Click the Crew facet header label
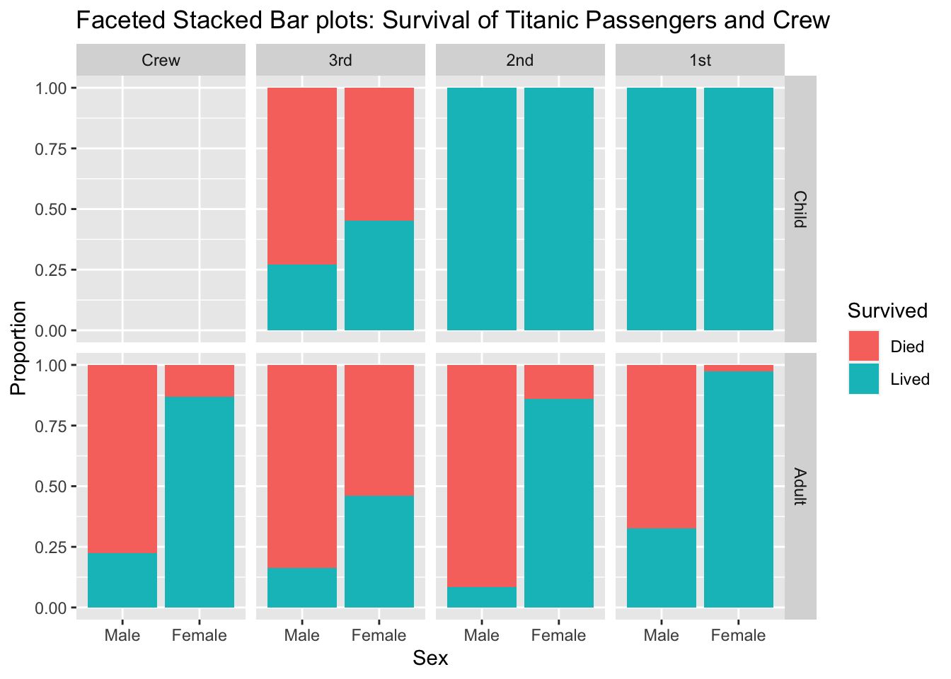click(161, 60)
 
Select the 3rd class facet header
click(340, 60)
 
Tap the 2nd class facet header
click(520, 60)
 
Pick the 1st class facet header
click(700, 60)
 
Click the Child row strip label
click(800, 209)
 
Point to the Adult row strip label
click(800, 487)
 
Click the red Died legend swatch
click(864, 346)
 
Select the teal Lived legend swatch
click(864, 379)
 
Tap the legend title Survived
click(887, 311)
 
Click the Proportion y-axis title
click(18, 347)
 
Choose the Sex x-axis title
click(430, 658)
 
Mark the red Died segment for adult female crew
click(200, 381)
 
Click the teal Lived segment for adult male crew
click(122, 580)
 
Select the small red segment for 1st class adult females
click(739, 368)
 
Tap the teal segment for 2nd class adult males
click(482, 597)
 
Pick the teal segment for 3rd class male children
click(302, 297)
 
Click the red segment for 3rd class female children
click(379, 154)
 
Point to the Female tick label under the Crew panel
click(200, 635)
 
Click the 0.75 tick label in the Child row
click(51, 149)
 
